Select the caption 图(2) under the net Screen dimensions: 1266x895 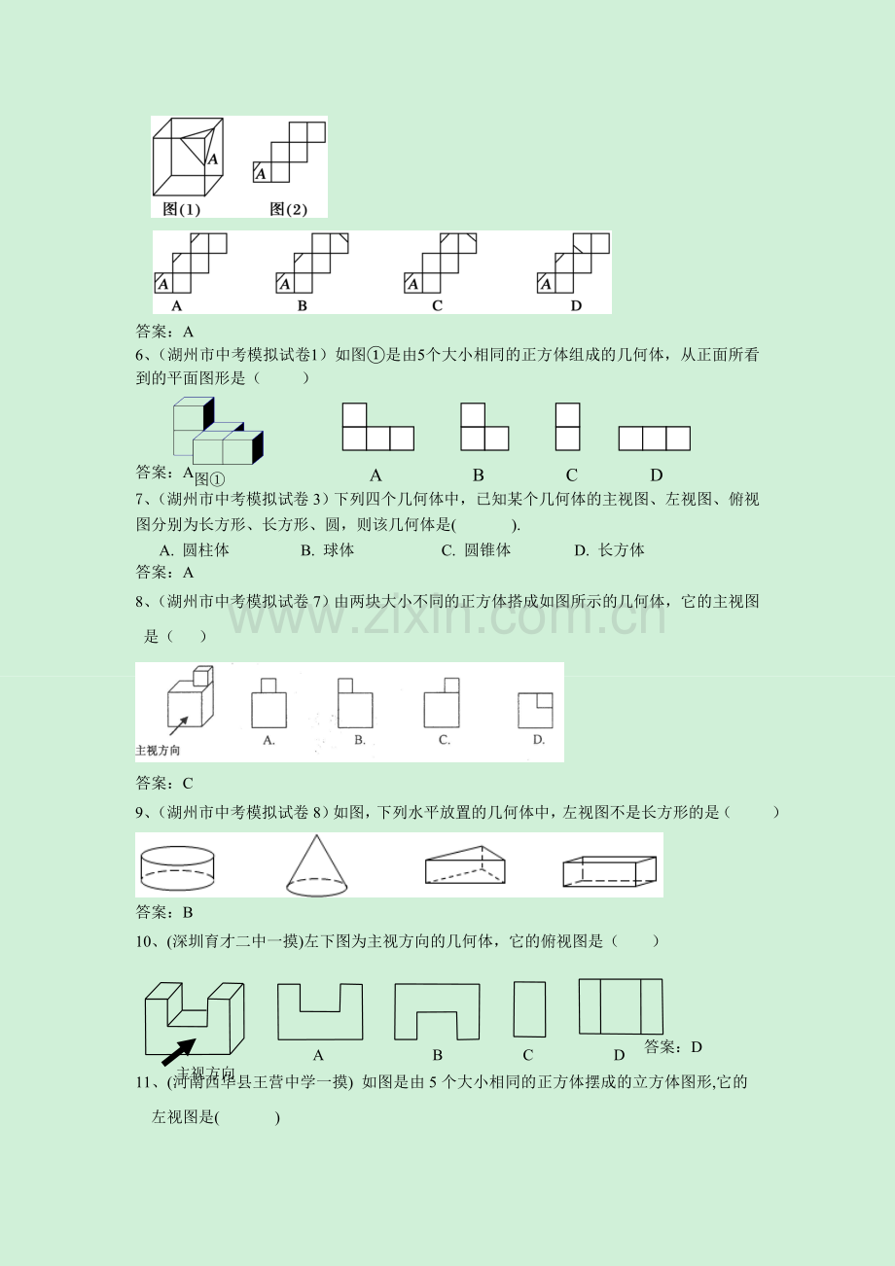pyautogui.click(x=289, y=209)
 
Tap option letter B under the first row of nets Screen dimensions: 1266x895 pyautogui.click(x=303, y=305)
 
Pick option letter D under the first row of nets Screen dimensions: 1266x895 pyautogui.click(x=575, y=305)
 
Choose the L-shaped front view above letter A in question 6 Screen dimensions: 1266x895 pyautogui.click(x=377, y=427)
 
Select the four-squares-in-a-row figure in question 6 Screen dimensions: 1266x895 pyautogui.click(x=654, y=439)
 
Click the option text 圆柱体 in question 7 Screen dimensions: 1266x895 pyautogui.click(x=206, y=549)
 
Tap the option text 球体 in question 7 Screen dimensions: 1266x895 pyautogui.click(x=340, y=549)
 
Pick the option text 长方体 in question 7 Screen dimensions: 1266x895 pyautogui.click(x=622, y=549)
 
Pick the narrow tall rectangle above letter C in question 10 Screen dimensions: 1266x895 pyautogui.click(x=529, y=1010)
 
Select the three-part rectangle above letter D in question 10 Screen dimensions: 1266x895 pyautogui.click(x=620, y=1006)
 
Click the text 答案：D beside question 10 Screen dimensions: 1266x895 pyautogui.click(x=673, y=1047)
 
